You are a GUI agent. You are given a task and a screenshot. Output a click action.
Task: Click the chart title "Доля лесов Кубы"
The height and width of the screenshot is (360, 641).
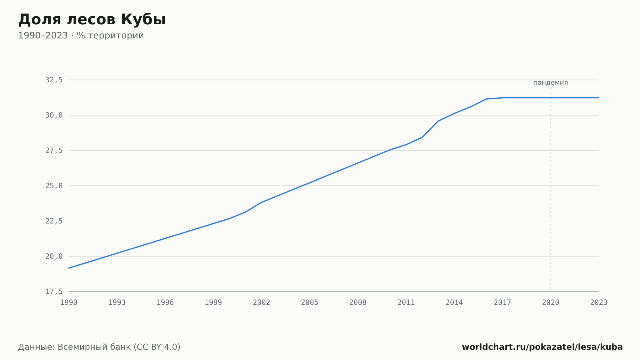click(x=92, y=20)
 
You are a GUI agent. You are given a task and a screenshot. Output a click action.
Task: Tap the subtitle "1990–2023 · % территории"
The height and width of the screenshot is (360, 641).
click(x=81, y=36)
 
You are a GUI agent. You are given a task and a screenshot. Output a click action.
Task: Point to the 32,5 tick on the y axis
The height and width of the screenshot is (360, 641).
click(x=54, y=80)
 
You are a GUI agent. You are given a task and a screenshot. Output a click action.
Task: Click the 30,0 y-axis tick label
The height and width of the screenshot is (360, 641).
click(x=54, y=115)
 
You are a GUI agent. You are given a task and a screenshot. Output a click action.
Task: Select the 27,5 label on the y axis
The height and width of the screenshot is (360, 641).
click(x=54, y=151)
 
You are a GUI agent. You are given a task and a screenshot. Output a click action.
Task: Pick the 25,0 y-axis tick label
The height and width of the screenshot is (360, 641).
click(x=54, y=186)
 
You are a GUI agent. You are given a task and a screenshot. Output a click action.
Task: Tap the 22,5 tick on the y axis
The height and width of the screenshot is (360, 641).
click(x=54, y=221)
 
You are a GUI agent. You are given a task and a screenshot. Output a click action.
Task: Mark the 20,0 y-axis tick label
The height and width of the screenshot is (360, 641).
click(x=54, y=256)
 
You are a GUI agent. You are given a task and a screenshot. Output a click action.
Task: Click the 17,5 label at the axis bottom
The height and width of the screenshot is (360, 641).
click(x=54, y=291)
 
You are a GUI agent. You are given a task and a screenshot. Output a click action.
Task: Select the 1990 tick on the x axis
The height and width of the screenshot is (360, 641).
click(x=69, y=303)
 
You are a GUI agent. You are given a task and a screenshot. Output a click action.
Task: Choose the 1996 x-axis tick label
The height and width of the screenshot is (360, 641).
click(x=165, y=303)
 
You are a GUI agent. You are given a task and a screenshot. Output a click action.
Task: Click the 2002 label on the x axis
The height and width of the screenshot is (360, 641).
click(x=262, y=303)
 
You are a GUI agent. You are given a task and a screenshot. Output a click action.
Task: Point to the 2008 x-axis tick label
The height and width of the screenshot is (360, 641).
click(x=358, y=303)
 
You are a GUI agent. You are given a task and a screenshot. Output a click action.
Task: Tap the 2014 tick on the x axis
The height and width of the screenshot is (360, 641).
click(x=454, y=303)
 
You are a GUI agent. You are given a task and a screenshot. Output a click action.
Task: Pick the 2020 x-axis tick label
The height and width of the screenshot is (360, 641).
click(x=551, y=303)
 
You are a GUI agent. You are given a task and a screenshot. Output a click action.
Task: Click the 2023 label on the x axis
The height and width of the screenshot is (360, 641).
click(x=599, y=303)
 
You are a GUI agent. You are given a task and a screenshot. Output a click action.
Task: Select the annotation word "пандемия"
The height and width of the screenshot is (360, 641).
click(x=551, y=83)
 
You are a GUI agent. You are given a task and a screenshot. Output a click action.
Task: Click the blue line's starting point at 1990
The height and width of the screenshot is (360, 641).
click(x=69, y=268)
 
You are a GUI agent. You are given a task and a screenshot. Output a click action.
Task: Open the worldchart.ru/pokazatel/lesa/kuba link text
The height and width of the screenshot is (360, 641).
click(x=542, y=347)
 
